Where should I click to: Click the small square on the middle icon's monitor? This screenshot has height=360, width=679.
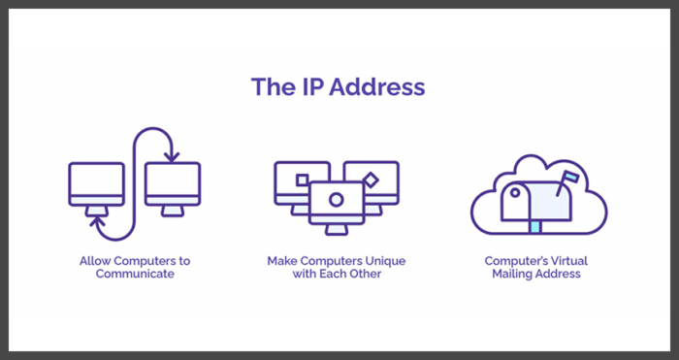coord(302,180)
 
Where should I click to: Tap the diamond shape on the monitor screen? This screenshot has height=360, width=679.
coord(370,180)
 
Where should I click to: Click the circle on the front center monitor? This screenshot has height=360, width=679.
coord(336,198)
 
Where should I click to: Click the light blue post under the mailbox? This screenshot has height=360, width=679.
coord(533,226)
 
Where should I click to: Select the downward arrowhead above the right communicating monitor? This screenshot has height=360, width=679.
coord(171,155)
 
